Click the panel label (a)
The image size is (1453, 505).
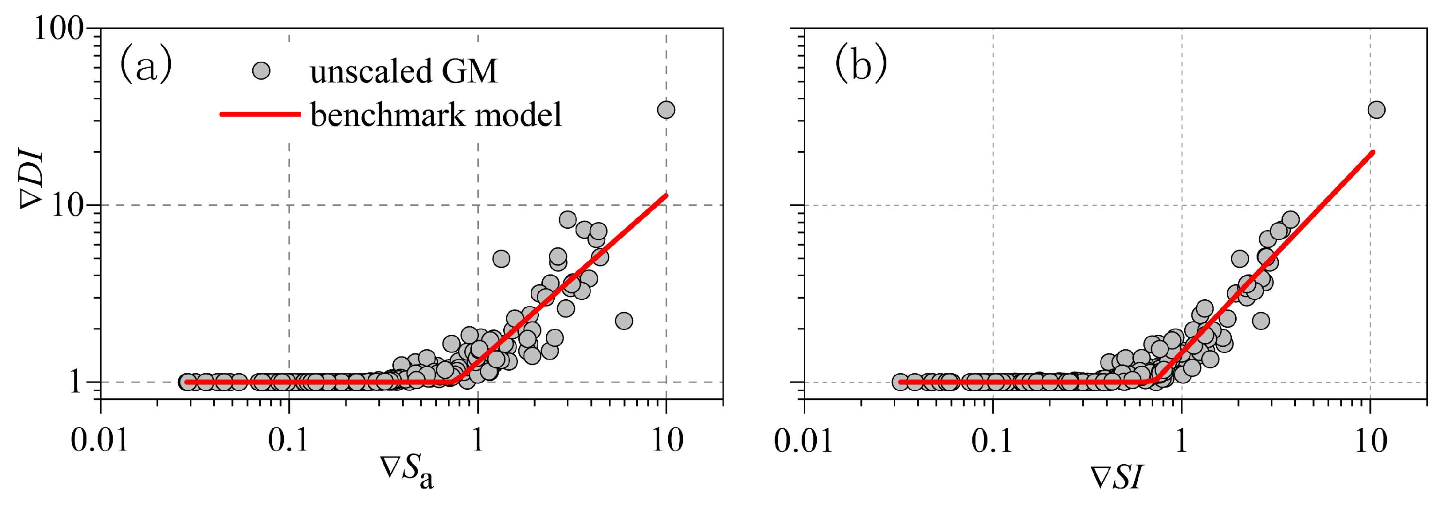click(x=145, y=67)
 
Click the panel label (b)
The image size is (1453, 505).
click(x=860, y=66)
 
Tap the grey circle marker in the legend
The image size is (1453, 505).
click(x=261, y=71)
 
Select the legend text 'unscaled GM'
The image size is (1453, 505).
click(x=403, y=72)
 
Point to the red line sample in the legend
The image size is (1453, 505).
click(x=259, y=114)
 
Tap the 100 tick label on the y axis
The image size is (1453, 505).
click(x=59, y=28)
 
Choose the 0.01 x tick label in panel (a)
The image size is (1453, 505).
click(x=100, y=440)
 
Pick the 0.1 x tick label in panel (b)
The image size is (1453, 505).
click(x=992, y=440)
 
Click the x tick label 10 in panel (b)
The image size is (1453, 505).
click(x=1371, y=440)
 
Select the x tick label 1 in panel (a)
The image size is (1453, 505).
click(x=477, y=440)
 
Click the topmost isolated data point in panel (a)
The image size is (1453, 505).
click(x=666, y=110)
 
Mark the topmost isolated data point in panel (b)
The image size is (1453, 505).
click(x=1376, y=110)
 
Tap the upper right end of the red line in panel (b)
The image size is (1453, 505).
click(x=1372, y=153)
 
